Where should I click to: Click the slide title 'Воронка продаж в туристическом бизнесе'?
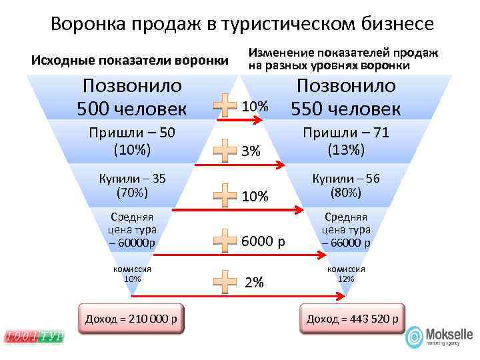click(x=242, y=24)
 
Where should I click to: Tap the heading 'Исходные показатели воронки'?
click(x=130, y=61)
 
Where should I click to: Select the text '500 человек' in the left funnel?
click(x=132, y=107)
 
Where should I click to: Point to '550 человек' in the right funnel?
click(x=345, y=107)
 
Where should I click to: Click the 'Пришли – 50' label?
click(x=132, y=133)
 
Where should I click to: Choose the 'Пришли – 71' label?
click(x=345, y=133)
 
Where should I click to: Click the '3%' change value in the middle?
click(x=251, y=151)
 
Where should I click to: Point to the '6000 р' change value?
click(x=263, y=241)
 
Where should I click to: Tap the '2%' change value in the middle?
click(x=254, y=283)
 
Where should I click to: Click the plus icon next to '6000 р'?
click(x=225, y=240)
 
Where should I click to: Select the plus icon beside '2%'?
click(x=225, y=282)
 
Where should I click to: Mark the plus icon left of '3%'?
click(x=225, y=151)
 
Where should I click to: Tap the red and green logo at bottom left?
click(x=34, y=337)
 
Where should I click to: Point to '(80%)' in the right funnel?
click(x=345, y=193)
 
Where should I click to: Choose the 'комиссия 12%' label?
click(x=345, y=273)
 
